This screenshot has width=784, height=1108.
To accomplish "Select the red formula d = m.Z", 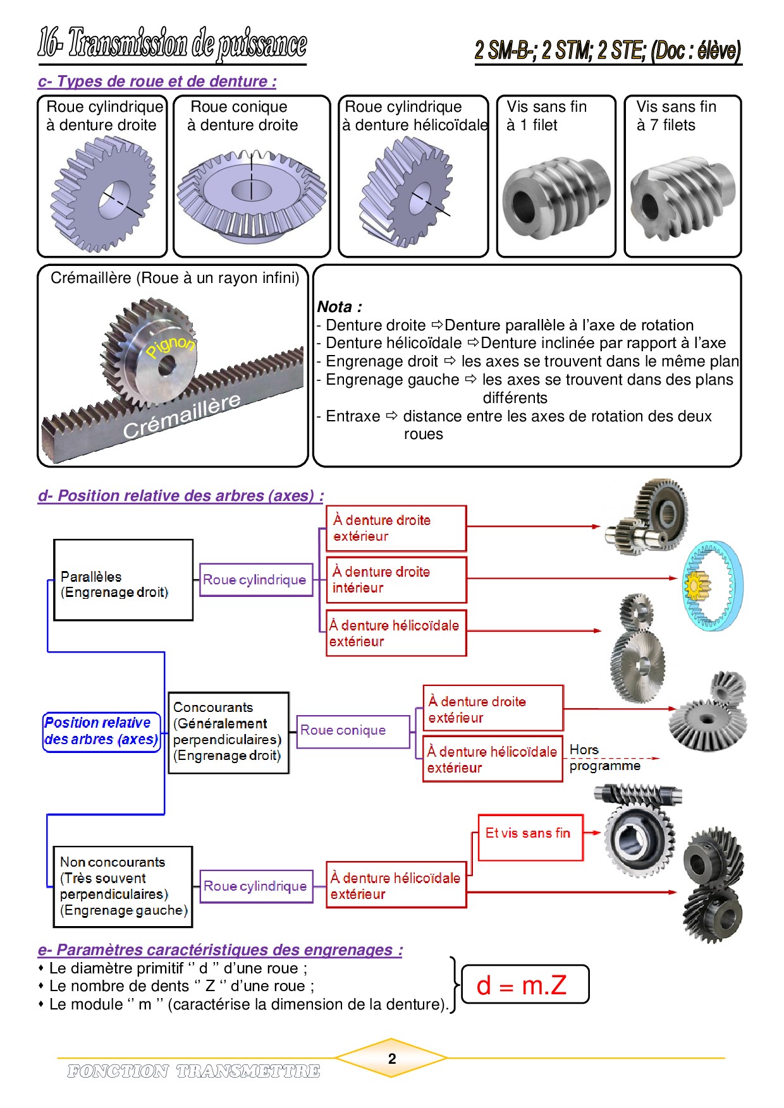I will click(x=522, y=985).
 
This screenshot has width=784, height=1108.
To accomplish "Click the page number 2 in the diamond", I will click(x=392, y=1059).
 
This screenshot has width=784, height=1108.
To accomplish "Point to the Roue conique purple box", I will click(x=353, y=731).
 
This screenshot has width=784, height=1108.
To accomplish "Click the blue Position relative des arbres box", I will click(x=101, y=732).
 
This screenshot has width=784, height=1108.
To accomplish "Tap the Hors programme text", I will click(x=604, y=757).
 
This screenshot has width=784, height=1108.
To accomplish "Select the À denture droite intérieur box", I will click(x=396, y=580).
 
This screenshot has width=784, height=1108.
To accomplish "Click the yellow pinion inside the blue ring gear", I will click(x=695, y=586).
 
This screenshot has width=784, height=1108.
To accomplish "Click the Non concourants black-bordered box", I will click(x=123, y=886).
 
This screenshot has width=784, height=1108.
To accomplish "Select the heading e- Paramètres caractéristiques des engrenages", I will click(x=220, y=950).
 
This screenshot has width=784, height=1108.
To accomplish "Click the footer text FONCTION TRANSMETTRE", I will click(x=193, y=1071).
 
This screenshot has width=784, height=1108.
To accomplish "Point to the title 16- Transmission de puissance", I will click(x=172, y=44).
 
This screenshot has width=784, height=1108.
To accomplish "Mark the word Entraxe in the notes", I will click(x=353, y=416).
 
